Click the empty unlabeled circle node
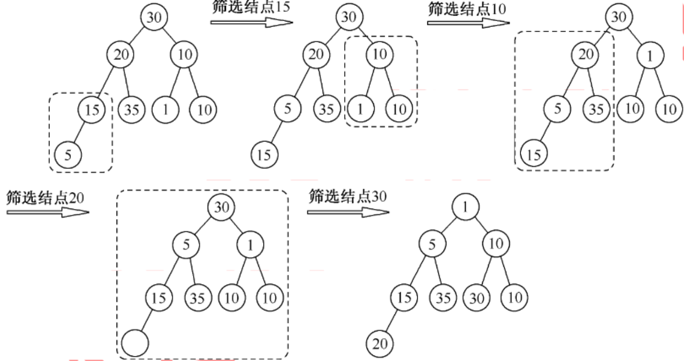click(135, 343)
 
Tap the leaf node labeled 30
click(476, 298)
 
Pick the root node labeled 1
click(466, 207)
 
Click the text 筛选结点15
click(251, 8)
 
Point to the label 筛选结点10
click(467, 8)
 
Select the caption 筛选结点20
click(45, 197)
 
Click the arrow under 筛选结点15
click(252, 22)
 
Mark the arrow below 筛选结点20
click(48, 212)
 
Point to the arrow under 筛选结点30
click(348, 212)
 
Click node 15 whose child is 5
click(92, 110)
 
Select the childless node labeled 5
click(68, 155)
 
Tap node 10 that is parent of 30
click(495, 244)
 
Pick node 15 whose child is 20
click(404, 298)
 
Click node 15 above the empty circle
click(159, 298)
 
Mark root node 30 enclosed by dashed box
click(221, 207)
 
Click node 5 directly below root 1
click(431, 244)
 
